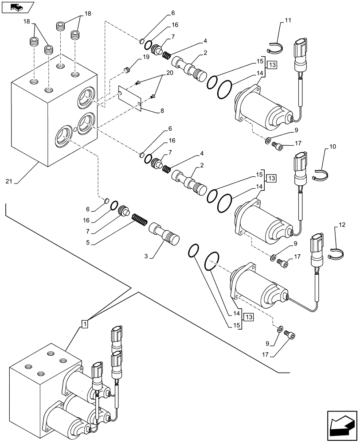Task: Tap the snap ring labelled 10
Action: pos(321,176)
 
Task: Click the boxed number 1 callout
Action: pos(84,324)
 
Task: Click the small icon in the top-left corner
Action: pos(16,7)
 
